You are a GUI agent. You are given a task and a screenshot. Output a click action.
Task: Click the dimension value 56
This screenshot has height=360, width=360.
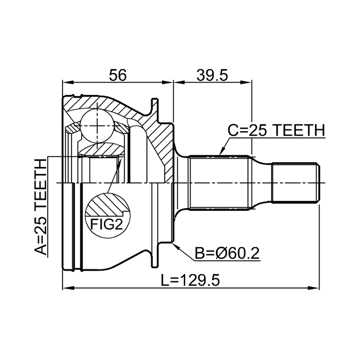tap(118, 75)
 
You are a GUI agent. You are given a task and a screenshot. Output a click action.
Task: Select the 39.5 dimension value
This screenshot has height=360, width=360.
tap(212, 75)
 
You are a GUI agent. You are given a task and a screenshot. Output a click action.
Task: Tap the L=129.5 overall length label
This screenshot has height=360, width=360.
tap(190, 280)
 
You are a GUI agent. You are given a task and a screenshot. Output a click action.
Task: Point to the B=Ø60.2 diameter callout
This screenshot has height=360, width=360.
tap(227, 254)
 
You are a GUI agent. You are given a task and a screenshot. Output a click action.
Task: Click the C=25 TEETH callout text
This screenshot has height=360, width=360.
tap(276, 130)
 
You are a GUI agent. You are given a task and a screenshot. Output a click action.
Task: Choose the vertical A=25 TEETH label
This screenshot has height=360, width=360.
tap(40, 206)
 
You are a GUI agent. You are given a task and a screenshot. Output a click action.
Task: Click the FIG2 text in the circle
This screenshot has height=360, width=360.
tap(107, 224)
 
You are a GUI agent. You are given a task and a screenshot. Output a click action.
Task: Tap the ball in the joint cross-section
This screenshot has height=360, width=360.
tap(97, 126)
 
